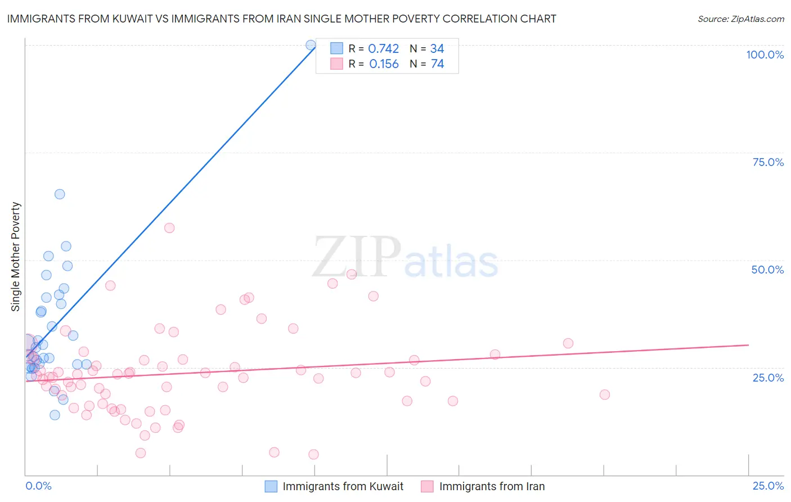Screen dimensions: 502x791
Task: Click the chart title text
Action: (281, 19)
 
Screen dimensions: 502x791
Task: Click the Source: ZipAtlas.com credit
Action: (740, 19)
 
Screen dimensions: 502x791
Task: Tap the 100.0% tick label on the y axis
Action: (765, 55)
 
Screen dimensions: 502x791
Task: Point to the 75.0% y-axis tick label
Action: (768, 162)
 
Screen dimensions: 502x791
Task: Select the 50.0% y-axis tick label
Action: (767, 270)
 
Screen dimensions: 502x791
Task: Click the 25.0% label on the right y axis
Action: (768, 377)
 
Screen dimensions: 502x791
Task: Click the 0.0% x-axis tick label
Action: (38, 486)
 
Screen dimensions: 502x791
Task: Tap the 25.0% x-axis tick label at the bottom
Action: (768, 486)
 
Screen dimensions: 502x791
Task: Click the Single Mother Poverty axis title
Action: (16, 257)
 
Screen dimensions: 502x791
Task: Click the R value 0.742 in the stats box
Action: (383, 49)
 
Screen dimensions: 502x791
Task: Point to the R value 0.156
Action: (384, 64)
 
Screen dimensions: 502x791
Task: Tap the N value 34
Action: (437, 49)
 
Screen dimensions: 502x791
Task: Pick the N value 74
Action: (437, 64)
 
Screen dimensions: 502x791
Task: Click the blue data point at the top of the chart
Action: (311, 45)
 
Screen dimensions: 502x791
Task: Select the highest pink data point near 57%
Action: (169, 228)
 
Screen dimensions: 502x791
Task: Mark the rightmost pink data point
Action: (605, 395)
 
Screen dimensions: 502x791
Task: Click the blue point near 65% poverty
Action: (60, 194)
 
